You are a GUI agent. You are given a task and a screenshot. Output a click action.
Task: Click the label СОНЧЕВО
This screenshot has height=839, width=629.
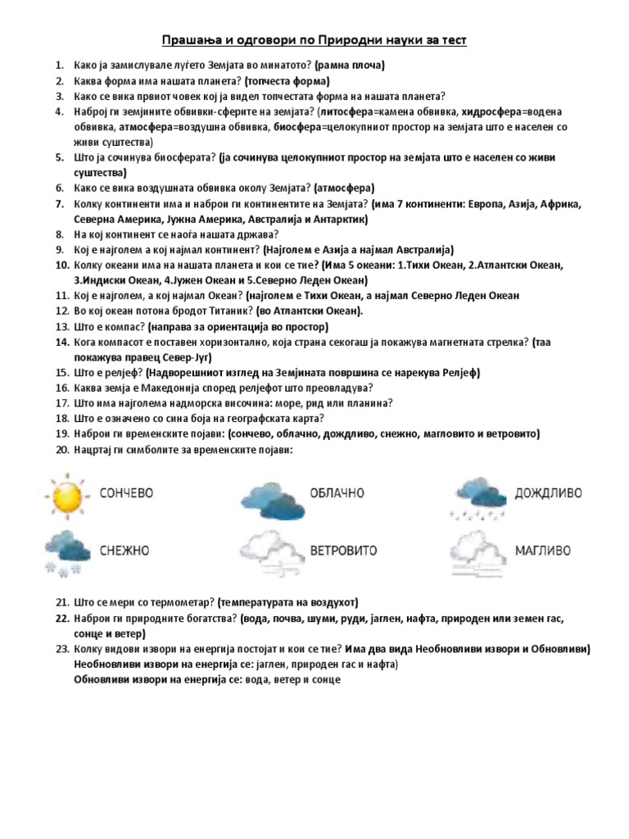[x=126, y=493]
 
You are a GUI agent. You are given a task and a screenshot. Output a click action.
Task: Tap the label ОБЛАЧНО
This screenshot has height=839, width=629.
[x=337, y=493]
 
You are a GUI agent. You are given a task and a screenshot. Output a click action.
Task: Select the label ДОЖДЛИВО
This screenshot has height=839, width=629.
[x=549, y=493]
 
